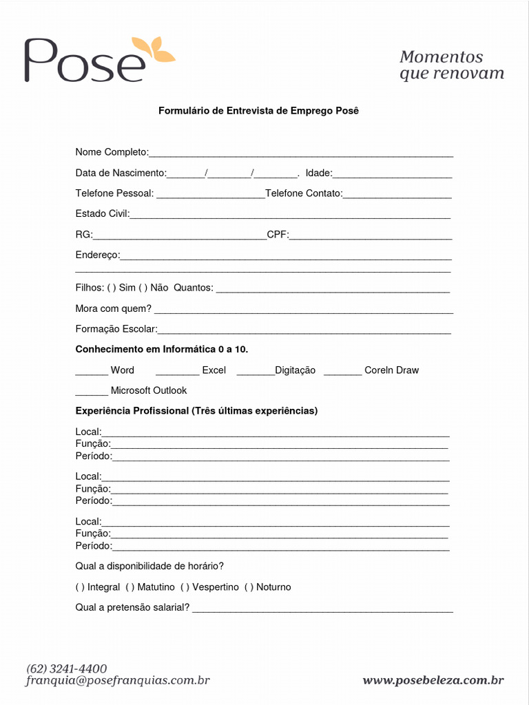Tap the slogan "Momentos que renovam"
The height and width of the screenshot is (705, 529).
[x=451, y=65]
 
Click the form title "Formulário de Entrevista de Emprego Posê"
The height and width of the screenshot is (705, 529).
[x=259, y=110]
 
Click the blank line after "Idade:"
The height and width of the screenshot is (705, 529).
[x=393, y=173]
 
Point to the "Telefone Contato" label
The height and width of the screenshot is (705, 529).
[x=303, y=193]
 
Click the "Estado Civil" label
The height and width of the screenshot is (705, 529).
[x=102, y=214]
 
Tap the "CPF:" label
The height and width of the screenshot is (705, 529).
[x=278, y=235]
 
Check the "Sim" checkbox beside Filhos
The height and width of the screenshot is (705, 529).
[x=110, y=288]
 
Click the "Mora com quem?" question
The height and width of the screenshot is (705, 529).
[x=113, y=308]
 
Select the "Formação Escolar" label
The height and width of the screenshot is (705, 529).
[x=116, y=330]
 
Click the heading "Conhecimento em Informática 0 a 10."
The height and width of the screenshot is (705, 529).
[x=161, y=350]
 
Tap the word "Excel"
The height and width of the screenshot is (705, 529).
[x=214, y=370]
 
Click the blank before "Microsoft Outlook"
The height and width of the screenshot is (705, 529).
[x=91, y=392]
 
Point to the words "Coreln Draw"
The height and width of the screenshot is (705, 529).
[x=391, y=370]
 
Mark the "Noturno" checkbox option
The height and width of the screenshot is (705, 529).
[x=249, y=587]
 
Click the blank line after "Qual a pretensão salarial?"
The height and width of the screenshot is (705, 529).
[x=322, y=609]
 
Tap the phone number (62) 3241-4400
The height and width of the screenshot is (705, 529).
[x=67, y=669]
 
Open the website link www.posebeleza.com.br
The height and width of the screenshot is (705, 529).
[x=433, y=681]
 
